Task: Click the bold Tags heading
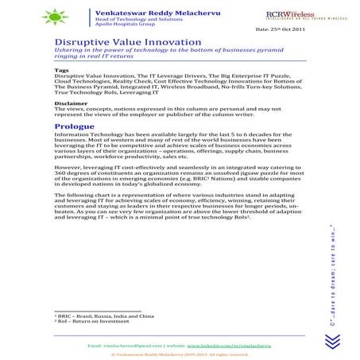click(x=62, y=69)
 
